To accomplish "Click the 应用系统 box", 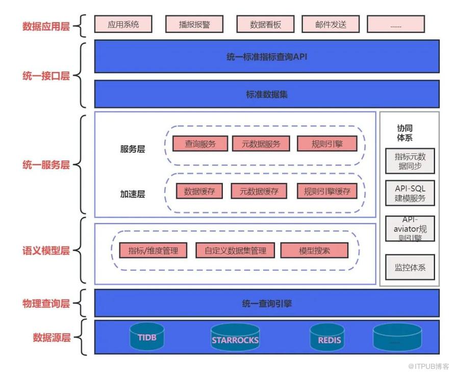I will [123, 24].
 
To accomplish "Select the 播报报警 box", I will [194, 24].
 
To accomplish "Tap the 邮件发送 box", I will [331, 24].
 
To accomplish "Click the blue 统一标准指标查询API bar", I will [266, 57].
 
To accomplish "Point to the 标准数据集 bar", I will [266, 94].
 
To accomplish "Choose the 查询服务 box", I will [200, 144].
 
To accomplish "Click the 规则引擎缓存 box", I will [327, 191].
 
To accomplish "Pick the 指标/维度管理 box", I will [154, 251].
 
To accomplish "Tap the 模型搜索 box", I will [314, 251].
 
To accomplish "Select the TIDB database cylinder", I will [147, 337].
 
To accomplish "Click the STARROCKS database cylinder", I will [235, 339].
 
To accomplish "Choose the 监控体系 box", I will [410, 267].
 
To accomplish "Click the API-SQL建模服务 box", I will [410, 193].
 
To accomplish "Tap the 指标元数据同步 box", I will [410, 161].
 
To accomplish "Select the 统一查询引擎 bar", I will [266, 304].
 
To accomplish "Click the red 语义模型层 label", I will [46, 251].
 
